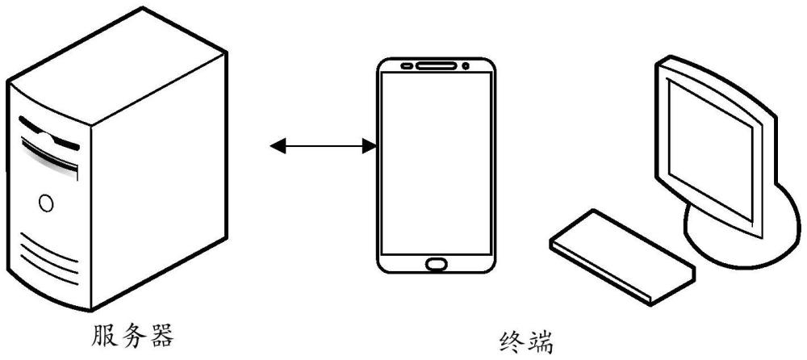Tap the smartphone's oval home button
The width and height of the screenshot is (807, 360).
click(x=436, y=264)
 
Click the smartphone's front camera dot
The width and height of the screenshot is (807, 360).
click(x=466, y=66)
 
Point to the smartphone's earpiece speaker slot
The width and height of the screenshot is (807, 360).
click(x=436, y=66)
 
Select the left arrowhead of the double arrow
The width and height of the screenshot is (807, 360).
click(x=278, y=146)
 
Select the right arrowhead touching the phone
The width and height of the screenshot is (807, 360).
click(x=370, y=146)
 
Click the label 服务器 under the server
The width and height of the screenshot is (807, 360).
click(x=133, y=335)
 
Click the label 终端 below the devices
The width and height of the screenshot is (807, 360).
click(x=526, y=341)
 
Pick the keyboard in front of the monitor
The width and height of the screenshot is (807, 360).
click(x=622, y=257)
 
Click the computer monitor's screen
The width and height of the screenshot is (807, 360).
click(x=709, y=145)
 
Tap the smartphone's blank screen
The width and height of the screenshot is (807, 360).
click(x=436, y=163)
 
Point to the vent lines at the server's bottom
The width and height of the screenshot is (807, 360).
click(x=49, y=258)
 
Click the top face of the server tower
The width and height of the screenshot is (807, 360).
click(x=117, y=65)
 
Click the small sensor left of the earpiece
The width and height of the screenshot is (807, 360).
click(x=407, y=66)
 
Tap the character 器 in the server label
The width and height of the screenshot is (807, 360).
click(x=161, y=335)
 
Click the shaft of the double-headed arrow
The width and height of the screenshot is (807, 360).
click(x=324, y=146)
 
